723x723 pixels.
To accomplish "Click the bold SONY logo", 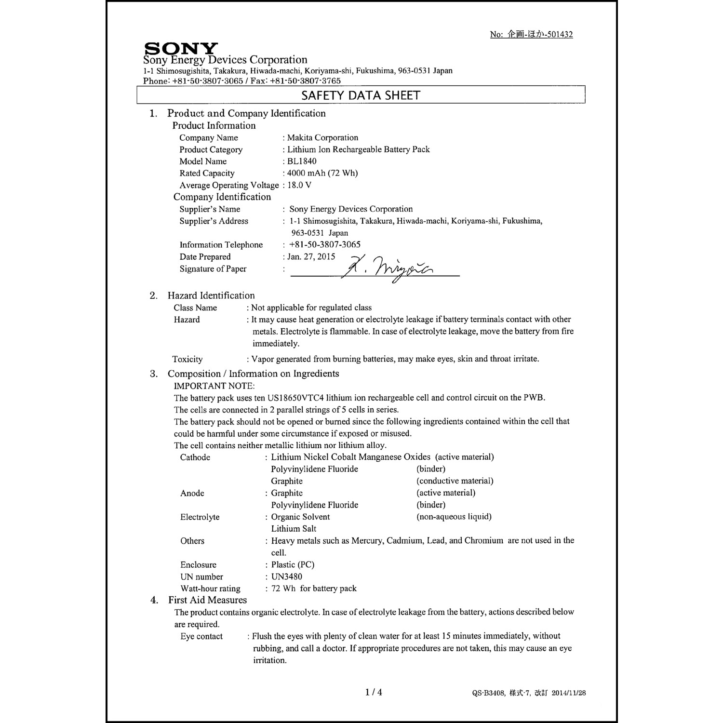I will click(x=181, y=49).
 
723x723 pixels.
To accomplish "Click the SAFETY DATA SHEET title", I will click(x=361, y=95).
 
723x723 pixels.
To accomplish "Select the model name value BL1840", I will click(x=302, y=161).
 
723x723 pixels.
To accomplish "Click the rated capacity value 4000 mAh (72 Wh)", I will click(x=322, y=173).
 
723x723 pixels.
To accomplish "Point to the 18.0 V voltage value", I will click(x=299, y=185).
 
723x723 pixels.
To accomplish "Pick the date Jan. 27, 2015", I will click(x=311, y=256).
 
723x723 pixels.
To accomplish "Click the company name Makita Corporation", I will click(x=322, y=138).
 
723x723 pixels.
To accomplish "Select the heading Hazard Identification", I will click(x=211, y=295).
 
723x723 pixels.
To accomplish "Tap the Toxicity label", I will click(x=187, y=359).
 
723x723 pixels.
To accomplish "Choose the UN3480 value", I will click(x=287, y=576).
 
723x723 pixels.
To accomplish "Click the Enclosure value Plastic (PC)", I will click(x=293, y=564).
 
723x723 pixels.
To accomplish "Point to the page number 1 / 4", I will click(x=374, y=692).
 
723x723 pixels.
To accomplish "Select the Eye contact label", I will click(x=201, y=636).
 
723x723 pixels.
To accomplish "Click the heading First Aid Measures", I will click(x=207, y=600).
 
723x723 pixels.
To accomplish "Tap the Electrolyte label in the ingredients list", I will click(x=200, y=517).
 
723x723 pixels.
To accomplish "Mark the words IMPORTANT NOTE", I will click(x=214, y=386).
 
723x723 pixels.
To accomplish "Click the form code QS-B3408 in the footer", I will click(x=488, y=693).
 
